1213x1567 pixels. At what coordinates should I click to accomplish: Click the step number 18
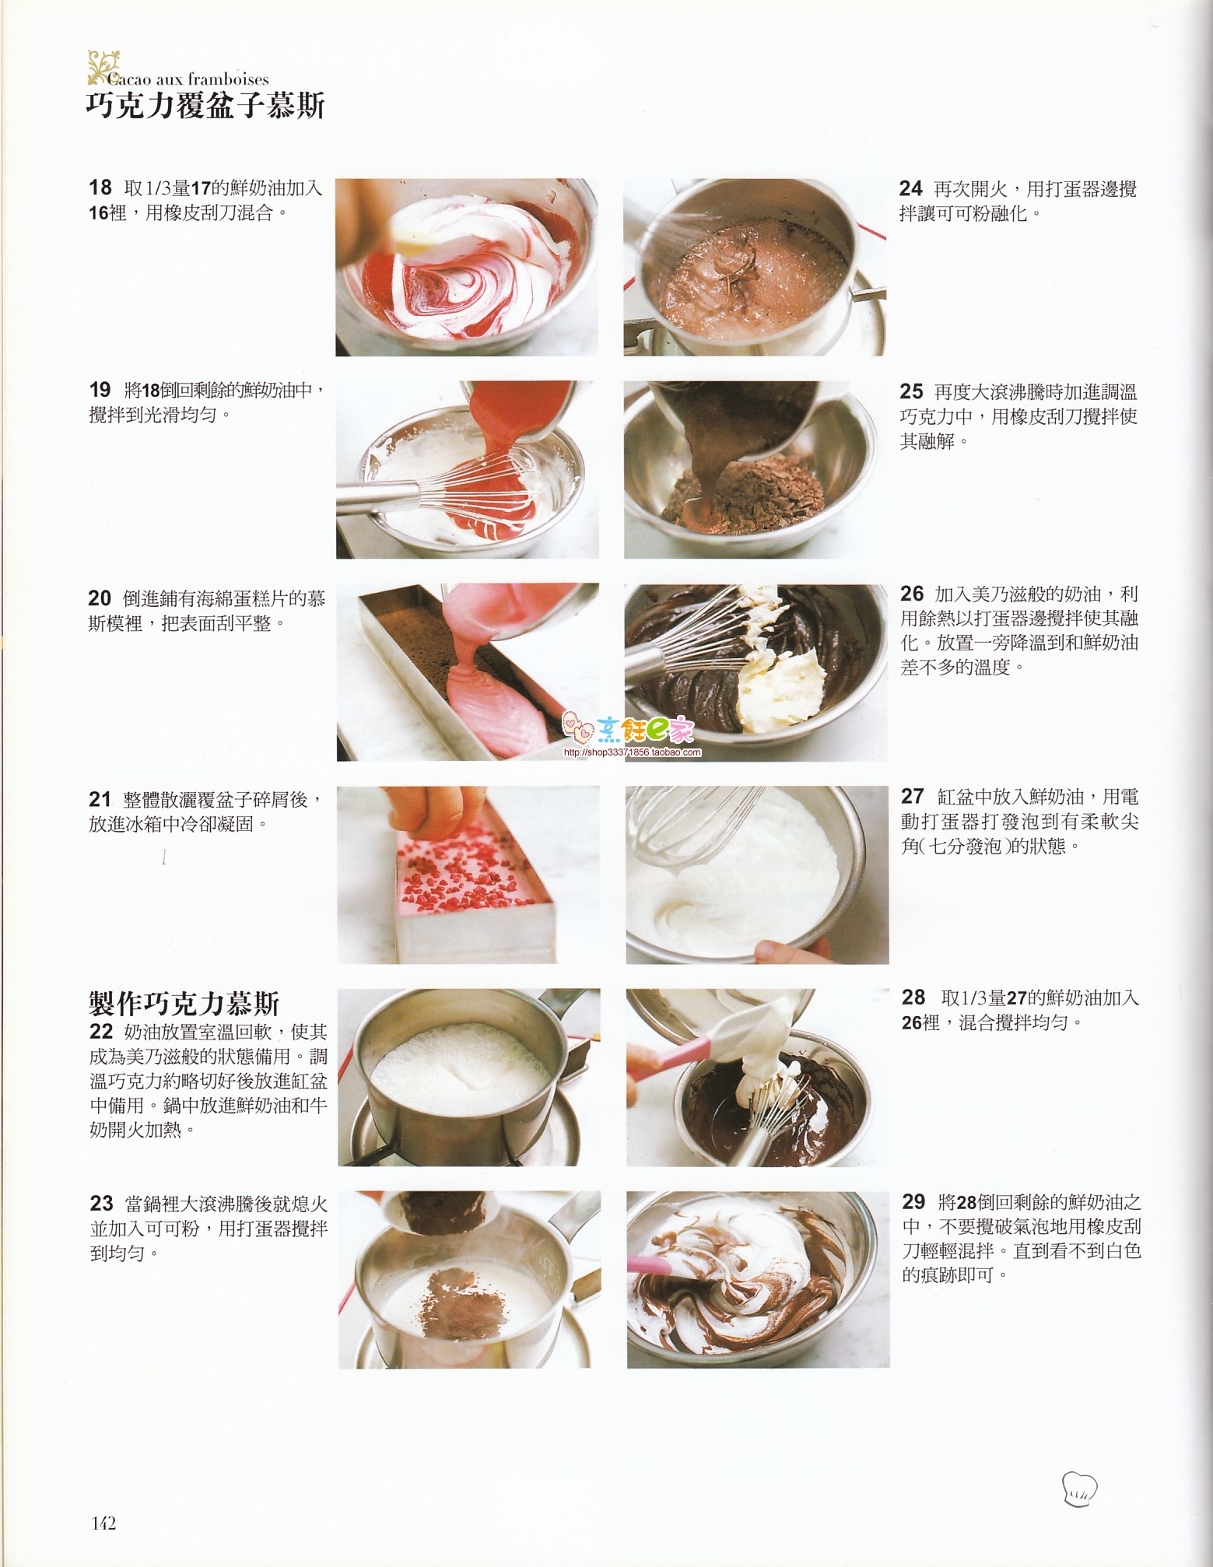[100, 188]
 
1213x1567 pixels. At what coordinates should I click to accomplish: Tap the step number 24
[911, 188]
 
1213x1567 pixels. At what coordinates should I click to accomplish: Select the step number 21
[100, 799]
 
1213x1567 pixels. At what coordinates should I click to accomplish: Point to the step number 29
[913, 1202]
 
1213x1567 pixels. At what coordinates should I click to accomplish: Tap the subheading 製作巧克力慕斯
[184, 1004]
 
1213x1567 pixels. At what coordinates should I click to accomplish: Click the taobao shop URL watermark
[632, 752]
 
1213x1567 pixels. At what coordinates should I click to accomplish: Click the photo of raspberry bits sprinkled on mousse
[468, 875]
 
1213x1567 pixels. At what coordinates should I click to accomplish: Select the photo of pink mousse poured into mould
[468, 671]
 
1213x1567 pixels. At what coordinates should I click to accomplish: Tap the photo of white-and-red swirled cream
[467, 267]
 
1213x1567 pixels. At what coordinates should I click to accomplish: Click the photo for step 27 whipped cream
[757, 875]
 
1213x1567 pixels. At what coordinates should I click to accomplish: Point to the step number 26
[912, 594]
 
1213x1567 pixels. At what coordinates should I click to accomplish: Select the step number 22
[101, 1032]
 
